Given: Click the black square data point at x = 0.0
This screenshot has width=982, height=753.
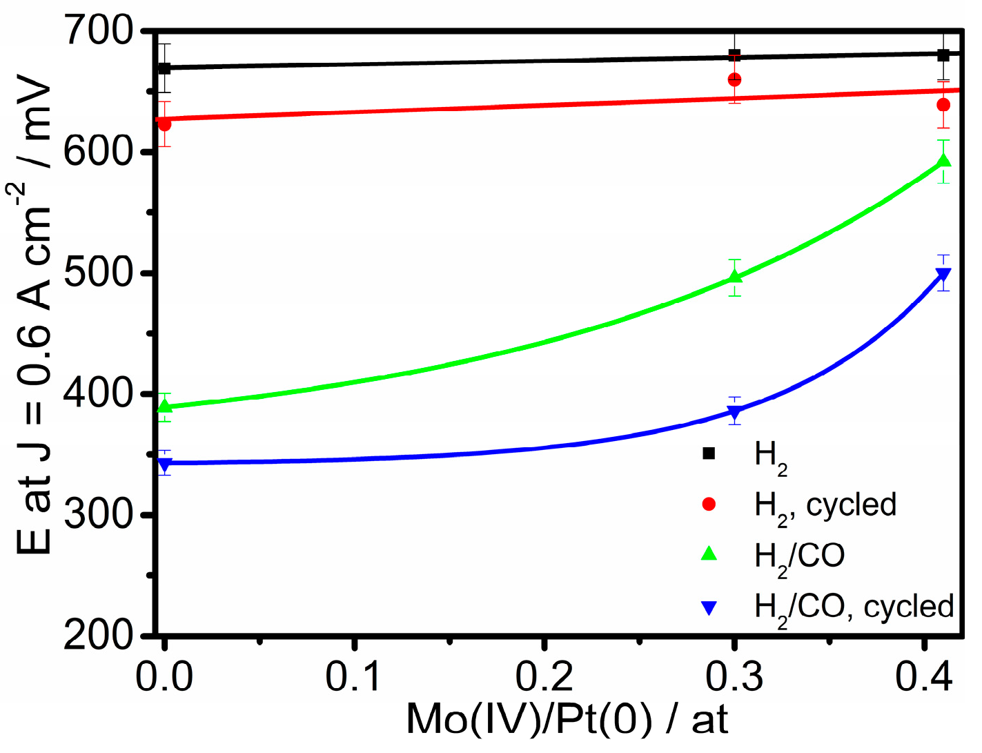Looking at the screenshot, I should (x=164, y=68).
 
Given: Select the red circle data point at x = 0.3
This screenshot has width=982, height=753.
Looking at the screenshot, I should (x=735, y=79).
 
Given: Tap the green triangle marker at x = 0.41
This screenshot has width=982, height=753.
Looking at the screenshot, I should (x=943, y=162).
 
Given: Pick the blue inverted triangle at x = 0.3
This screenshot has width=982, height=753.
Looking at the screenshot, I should (x=735, y=413).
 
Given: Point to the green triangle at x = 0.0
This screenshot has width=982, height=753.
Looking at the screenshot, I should (x=164, y=406).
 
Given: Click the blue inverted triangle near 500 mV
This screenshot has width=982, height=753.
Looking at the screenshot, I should (x=943, y=275).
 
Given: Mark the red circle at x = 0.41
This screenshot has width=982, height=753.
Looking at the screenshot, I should (x=943, y=105).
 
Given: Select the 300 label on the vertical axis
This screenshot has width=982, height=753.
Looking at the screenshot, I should (x=98, y=514).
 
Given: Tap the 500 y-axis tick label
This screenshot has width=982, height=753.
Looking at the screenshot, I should (x=98, y=273).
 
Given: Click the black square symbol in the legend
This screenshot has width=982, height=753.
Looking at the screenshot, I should (x=709, y=453).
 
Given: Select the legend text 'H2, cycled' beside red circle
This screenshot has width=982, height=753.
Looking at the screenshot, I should (x=825, y=506).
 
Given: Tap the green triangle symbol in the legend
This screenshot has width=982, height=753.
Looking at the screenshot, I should (x=709, y=554).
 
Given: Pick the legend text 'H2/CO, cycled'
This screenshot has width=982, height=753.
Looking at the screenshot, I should (x=854, y=607).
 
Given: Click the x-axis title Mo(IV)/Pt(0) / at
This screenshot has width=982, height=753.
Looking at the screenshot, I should (x=567, y=720).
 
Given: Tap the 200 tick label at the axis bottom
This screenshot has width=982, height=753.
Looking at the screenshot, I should (x=98, y=636).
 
